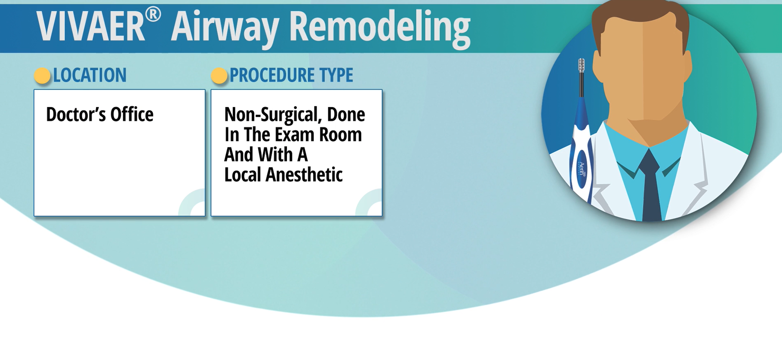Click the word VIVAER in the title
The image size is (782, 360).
(x=91, y=27)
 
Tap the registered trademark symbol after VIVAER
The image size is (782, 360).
(x=153, y=15)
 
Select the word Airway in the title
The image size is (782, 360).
(x=225, y=28)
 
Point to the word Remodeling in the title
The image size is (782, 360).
(x=380, y=28)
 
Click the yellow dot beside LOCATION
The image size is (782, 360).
(x=42, y=76)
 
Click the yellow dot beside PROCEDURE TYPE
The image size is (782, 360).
(x=219, y=76)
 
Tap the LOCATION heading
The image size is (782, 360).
(x=90, y=75)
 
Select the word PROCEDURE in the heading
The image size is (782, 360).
(x=271, y=75)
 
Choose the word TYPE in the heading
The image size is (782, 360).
(x=336, y=75)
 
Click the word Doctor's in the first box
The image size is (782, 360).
(x=75, y=114)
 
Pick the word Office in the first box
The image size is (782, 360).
(x=132, y=114)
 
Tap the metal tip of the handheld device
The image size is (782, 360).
(x=581, y=65)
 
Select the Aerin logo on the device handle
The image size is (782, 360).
(x=582, y=169)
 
